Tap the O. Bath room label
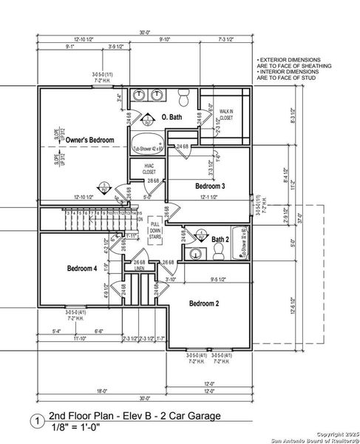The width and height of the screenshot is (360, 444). click(172, 117)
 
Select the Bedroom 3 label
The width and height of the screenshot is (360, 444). click(210, 186)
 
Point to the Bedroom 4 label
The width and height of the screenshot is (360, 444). click(81, 267)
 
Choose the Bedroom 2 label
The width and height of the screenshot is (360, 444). click(204, 303)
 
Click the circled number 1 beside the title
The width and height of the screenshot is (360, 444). click(33, 421)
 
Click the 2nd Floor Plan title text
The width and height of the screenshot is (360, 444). click(134, 416)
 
